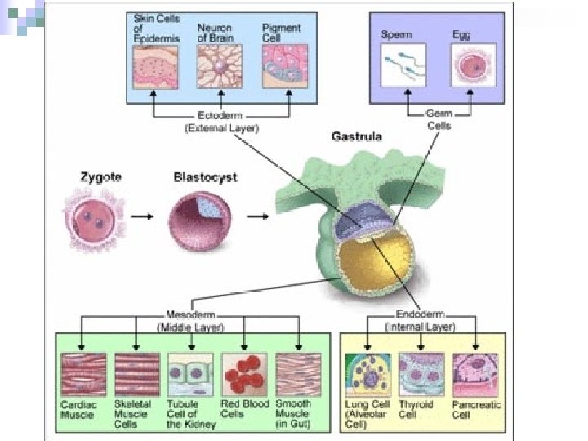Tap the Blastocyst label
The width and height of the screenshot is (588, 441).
point(204,176)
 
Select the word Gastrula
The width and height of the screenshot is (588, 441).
point(357,136)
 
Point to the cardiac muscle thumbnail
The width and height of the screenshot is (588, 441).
point(83,374)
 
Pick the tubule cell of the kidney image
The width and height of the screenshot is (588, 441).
point(190,374)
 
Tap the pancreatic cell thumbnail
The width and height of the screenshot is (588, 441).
point(475,374)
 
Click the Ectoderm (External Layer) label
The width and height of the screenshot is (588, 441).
point(220,122)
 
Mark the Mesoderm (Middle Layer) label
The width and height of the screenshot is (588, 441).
point(190,320)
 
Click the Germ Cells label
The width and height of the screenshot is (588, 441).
point(439,120)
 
